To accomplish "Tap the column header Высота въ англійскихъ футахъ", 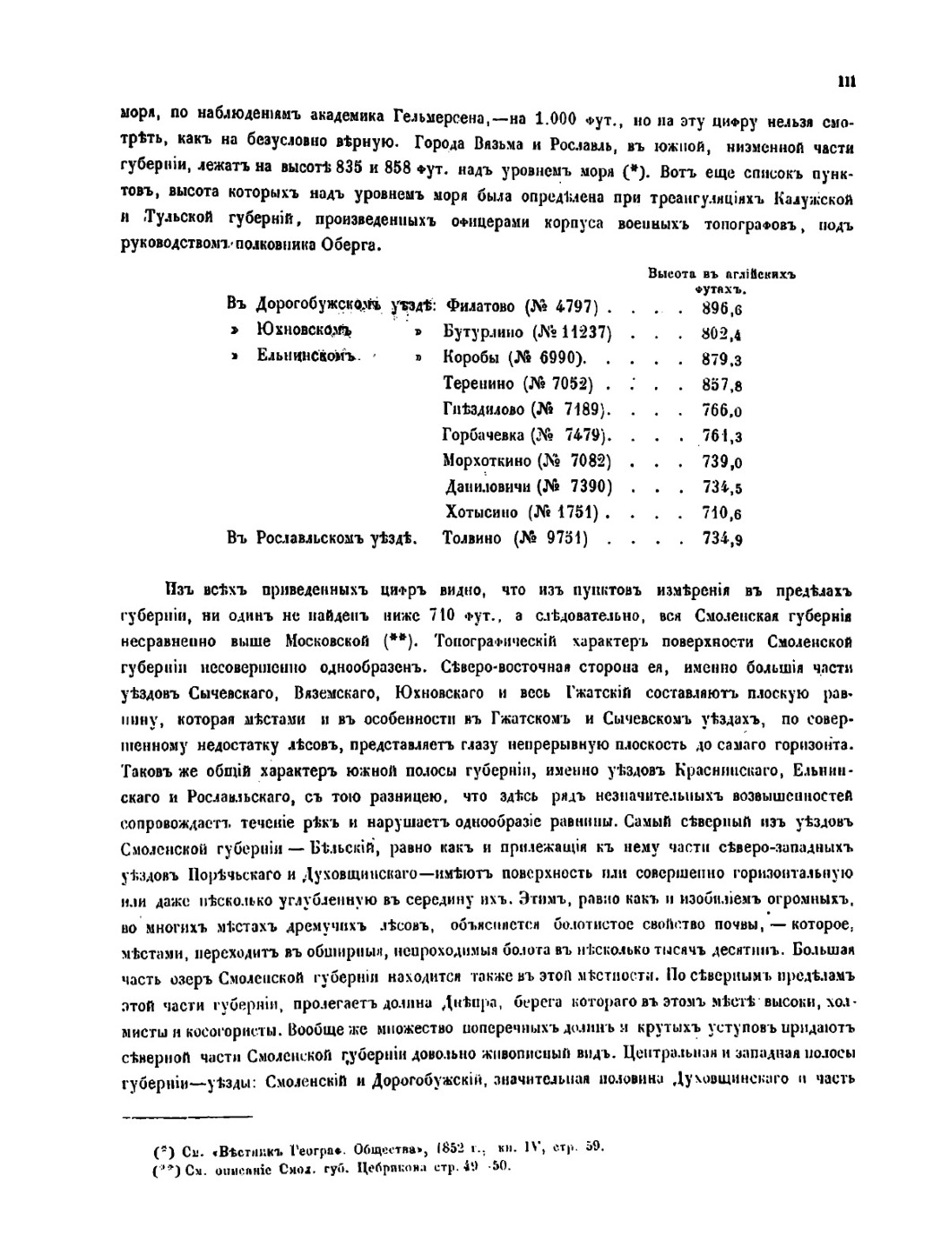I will pos(721,279).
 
